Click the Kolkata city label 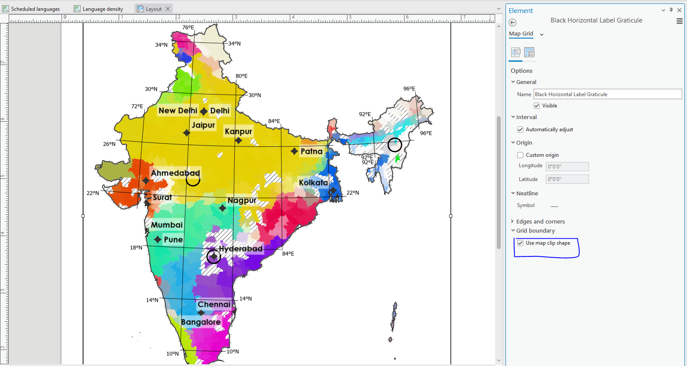click(313, 183)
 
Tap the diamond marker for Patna click(295, 151)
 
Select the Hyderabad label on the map click(240, 249)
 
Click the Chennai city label click(214, 304)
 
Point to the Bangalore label click(201, 322)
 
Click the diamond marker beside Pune click(158, 240)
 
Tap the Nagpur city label click(242, 201)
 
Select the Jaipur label click(203, 125)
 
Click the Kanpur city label click(238, 131)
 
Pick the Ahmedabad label click(175, 173)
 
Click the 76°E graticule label click(188, 27)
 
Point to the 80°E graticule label click(242, 76)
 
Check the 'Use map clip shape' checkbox click(520, 243)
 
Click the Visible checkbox click(537, 106)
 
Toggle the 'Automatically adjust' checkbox click(520, 130)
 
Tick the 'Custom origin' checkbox click(520, 155)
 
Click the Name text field click(607, 94)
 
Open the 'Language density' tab click(103, 9)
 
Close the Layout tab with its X click(168, 9)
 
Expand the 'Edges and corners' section click(540, 221)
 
